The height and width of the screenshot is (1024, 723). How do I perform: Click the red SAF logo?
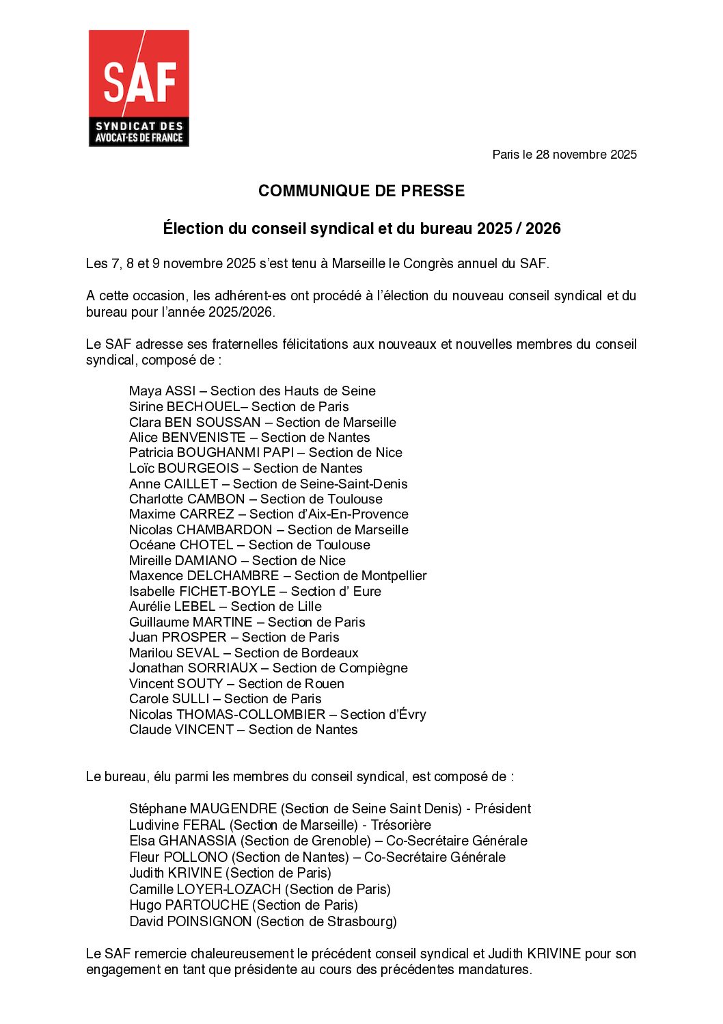tap(139, 88)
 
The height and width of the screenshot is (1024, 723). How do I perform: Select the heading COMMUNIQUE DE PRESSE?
tap(361, 191)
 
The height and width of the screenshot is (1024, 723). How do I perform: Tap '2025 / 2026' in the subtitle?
tap(519, 228)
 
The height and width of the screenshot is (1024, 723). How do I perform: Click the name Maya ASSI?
tap(161, 391)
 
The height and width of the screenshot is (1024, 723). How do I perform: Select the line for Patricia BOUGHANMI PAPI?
tap(265, 453)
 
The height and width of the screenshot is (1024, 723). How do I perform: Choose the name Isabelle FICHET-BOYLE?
tap(202, 591)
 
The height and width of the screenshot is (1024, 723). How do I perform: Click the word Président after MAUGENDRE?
tap(502, 809)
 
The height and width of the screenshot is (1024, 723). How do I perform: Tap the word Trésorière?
tap(400, 825)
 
